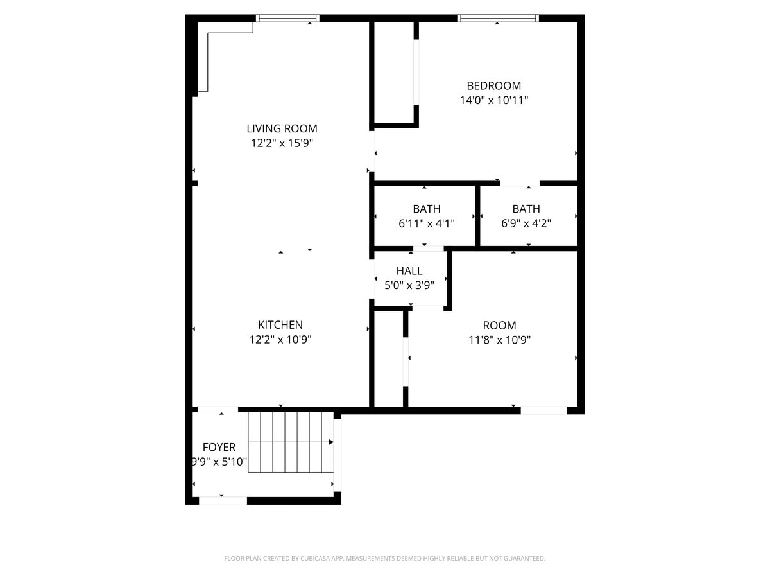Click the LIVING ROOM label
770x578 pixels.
282,128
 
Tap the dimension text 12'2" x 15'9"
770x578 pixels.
282,143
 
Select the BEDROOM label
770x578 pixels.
493,85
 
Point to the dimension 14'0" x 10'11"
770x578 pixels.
493,100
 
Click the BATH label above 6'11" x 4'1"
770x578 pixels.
427,209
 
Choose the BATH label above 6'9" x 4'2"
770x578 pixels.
526,209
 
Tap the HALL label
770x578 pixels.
409,270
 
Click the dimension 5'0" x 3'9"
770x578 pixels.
409,285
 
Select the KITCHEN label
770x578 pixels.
280,325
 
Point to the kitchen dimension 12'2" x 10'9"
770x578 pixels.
280,340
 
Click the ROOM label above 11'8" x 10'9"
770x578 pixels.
499,326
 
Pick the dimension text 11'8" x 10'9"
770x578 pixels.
499,340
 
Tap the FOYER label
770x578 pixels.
219,447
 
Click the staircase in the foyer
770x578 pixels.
290,442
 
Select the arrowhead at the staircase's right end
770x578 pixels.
330,442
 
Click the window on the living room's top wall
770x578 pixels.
287,18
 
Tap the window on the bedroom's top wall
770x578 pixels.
497,18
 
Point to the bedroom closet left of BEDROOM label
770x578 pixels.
394,71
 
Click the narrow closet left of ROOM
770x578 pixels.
388,358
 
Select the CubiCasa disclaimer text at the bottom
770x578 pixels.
385,558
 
